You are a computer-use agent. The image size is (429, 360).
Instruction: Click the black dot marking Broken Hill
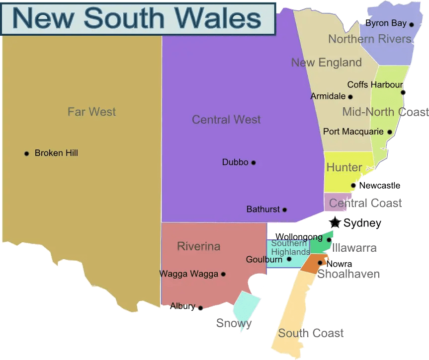(27, 153)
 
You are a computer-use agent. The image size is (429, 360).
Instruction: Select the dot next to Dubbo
(254, 162)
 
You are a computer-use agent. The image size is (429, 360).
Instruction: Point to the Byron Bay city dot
(412, 24)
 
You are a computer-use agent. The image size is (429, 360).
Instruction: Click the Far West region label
(91, 112)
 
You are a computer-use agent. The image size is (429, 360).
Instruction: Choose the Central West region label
(226, 120)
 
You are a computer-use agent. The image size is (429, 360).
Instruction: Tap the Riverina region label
(198, 247)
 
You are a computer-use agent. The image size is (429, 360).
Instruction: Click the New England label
(326, 63)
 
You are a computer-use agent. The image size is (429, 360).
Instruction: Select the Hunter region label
(344, 167)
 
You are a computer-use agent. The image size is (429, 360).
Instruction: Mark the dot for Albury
(201, 308)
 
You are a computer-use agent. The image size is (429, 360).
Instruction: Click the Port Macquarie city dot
(390, 132)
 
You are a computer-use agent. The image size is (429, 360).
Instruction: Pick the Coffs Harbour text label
(375, 85)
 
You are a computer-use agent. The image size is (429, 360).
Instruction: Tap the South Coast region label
(311, 333)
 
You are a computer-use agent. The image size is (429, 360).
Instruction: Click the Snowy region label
(234, 324)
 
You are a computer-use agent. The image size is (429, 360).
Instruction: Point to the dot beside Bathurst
(285, 210)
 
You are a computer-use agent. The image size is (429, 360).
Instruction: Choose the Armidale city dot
(350, 97)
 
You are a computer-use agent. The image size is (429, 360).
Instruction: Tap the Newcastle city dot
(353, 186)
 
